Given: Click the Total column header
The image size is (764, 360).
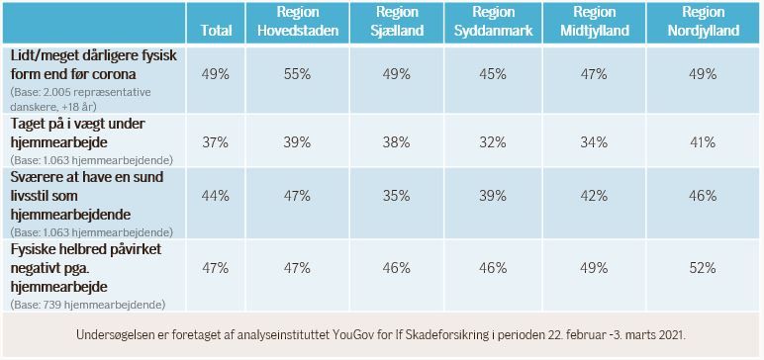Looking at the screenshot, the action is pyautogui.click(x=216, y=31).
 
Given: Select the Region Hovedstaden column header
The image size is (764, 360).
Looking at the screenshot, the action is pyautogui.click(x=298, y=21).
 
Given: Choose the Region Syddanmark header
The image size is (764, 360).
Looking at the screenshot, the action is pyautogui.click(x=493, y=21).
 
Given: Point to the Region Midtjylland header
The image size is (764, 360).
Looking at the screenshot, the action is pyautogui.click(x=595, y=21).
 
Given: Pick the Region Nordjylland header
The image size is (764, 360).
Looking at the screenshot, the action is pyautogui.click(x=703, y=21).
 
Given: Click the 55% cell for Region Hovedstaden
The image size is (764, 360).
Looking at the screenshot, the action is pyautogui.click(x=297, y=74).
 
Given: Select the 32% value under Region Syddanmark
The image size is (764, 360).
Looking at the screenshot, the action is pyautogui.click(x=493, y=142).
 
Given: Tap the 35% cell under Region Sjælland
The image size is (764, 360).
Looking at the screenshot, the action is pyautogui.click(x=396, y=196).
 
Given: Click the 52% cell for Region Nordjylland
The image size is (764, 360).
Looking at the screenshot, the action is pyautogui.click(x=703, y=268).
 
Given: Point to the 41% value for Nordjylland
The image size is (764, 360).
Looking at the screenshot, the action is pyautogui.click(x=703, y=142).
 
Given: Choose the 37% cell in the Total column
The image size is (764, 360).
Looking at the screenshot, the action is pyautogui.click(x=216, y=142).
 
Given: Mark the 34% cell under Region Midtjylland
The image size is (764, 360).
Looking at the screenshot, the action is pyautogui.click(x=594, y=142).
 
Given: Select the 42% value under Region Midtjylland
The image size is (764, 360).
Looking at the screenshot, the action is pyautogui.click(x=594, y=196).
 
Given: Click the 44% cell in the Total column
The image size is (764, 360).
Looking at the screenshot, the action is pyautogui.click(x=216, y=196).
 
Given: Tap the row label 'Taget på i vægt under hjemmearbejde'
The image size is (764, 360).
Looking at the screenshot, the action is pyautogui.click(x=77, y=134).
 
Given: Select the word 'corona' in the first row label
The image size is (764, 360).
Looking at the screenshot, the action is pyautogui.click(x=117, y=75).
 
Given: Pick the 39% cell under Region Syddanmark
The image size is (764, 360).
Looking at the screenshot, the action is pyautogui.click(x=493, y=196).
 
